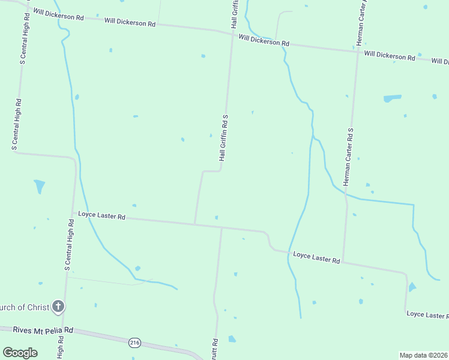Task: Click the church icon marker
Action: (x=58, y=307)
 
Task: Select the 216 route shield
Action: (x=134, y=343)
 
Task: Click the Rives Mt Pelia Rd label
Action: (x=36, y=329)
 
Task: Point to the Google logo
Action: (x=20, y=353)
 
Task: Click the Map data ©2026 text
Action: (x=423, y=355)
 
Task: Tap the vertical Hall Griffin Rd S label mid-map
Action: (x=223, y=137)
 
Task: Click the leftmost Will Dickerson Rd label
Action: (x=58, y=14)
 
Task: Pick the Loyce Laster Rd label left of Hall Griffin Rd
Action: (x=101, y=216)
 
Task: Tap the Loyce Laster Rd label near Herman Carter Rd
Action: (x=316, y=258)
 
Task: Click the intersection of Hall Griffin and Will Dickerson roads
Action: (x=232, y=35)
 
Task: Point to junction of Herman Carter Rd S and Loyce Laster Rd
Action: (x=343, y=262)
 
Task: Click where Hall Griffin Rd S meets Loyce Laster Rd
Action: (x=194, y=224)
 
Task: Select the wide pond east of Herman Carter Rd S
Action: (x=392, y=97)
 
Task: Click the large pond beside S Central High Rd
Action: (x=40, y=186)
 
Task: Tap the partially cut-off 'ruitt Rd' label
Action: (x=215, y=348)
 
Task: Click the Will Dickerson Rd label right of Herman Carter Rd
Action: (x=389, y=56)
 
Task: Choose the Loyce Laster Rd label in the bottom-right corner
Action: (x=427, y=314)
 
